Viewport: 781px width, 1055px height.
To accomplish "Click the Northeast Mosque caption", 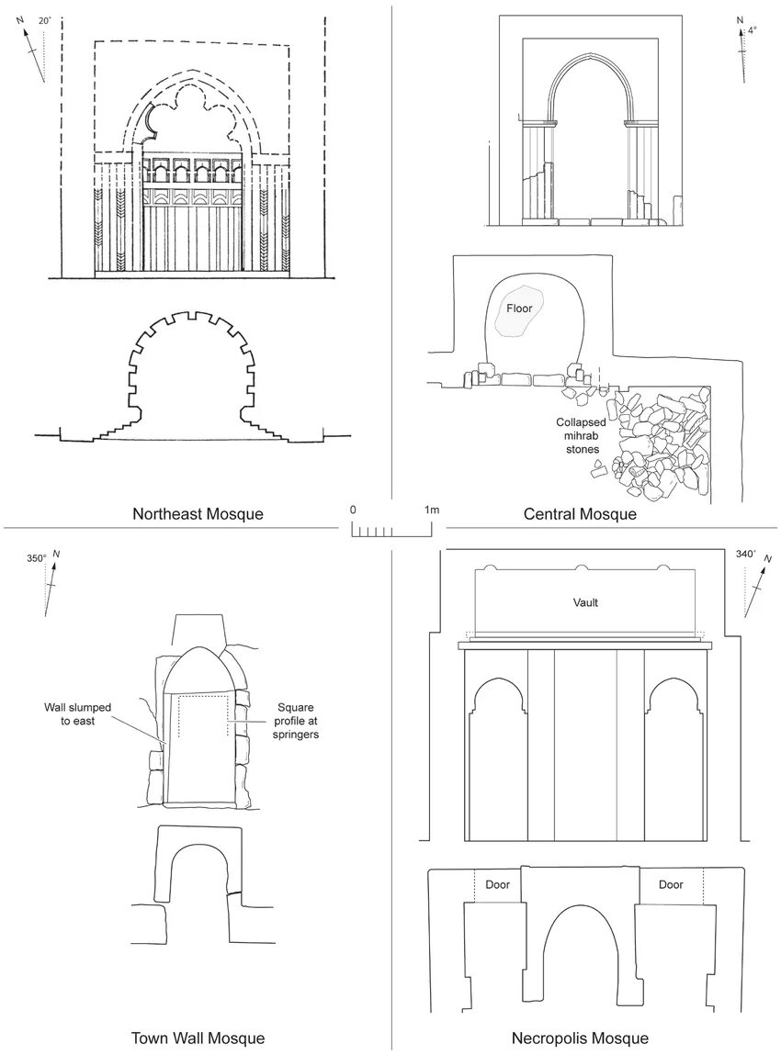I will pyautogui.click(x=198, y=514).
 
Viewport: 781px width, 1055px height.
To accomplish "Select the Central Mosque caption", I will pyautogui.click(x=580, y=514).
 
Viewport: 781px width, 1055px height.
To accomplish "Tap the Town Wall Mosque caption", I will pyautogui.click(x=198, y=1038).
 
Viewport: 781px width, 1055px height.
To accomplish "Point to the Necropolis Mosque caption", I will pyautogui.click(x=580, y=1038).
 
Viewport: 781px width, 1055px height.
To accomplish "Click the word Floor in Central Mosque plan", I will pyautogui.click(x=519, y=309).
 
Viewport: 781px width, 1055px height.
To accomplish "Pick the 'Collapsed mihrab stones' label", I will pyautogui.click(x=579, y=436).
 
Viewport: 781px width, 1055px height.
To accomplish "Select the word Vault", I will pyautogui.click(x=585, y=602).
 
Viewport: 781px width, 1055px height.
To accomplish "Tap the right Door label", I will pyautogui.click(x=671, y=885).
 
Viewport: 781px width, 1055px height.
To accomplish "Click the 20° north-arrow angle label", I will pyautogui.click(x=44, y=20).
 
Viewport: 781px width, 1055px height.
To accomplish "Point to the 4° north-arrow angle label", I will pyautogui.click(x=753, y=30).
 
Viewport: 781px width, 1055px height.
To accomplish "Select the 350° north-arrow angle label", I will pyautogui.click(x=36, y=557).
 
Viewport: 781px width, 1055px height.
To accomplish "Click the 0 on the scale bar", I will pyautogui.click(x=353, y=510).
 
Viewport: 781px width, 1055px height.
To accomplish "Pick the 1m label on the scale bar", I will pyautogui.click(x=431, y=510).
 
